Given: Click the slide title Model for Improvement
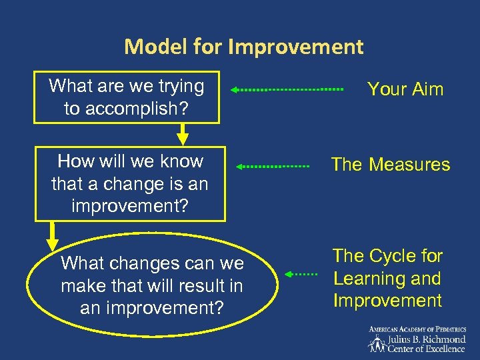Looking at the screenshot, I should (243, 47).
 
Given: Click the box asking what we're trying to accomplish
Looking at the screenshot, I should (127, 97).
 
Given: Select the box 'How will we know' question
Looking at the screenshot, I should (130, 183).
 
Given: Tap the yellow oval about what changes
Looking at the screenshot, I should (152, 286).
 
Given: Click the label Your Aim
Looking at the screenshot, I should (405, 89).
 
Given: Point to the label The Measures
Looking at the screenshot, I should (391, 165).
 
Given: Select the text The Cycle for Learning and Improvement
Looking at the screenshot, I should (387, 278).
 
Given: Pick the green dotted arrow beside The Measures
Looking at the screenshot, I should (274, 165).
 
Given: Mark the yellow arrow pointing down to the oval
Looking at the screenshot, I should (51, 233).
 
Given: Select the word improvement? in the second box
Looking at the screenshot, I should (130, 205).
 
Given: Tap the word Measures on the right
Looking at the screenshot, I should (411, 165).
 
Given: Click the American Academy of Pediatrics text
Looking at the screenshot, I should (417, 329).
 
